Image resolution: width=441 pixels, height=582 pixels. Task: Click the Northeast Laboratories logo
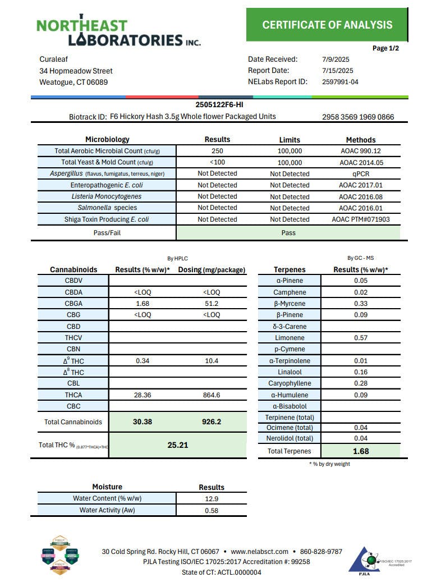click(x=118, y=31)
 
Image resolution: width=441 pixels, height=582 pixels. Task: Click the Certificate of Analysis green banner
click(x=327, y=25)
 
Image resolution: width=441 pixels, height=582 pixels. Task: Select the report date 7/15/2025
click(x=338, y=71)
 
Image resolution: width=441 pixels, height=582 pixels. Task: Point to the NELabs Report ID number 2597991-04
click(x=340, y=82)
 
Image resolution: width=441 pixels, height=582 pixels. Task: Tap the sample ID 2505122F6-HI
click(x=219, y=104)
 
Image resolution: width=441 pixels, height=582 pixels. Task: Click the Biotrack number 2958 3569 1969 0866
click(x=358, y=117)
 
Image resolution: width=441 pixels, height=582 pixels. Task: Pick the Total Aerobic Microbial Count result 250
click(x=217, y=151)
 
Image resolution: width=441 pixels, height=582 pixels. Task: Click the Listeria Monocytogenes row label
click(x=107, y=196)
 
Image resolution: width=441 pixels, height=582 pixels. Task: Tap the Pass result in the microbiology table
click(x=288, y=232)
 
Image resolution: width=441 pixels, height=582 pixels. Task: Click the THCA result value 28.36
click(x=142, y=395)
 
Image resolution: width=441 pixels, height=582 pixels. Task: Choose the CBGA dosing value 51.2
click(x=212, y=304)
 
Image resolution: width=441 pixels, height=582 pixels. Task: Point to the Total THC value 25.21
click(x=177, y=445)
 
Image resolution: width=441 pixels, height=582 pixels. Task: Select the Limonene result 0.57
click(x=361, y=338)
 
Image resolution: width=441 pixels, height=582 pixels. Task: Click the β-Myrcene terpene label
click(x=290, y=304)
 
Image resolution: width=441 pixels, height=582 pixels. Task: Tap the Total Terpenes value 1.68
click(x=361, y=451)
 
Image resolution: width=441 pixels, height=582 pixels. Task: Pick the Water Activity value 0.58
click(x=212, y=510)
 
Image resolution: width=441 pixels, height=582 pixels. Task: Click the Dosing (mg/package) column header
click(x=212, y=270)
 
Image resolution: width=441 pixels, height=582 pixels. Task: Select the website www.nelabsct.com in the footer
click(x=259, y=552)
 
